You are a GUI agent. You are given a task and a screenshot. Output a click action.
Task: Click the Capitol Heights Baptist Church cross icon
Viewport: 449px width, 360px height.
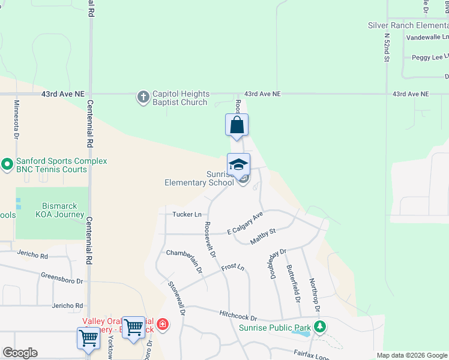143,97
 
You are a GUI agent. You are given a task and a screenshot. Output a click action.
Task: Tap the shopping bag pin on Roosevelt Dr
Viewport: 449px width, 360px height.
237,125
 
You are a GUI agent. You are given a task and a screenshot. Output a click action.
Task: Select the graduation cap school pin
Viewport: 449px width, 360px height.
238,164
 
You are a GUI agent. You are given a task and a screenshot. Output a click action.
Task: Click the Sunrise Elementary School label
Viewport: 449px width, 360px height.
199,178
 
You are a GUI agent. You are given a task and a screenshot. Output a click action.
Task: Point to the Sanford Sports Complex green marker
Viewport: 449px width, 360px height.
7,164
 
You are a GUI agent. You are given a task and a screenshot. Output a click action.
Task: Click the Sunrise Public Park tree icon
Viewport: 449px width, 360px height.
321,327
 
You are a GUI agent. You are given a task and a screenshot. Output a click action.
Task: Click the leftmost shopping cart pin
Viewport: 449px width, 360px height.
88,338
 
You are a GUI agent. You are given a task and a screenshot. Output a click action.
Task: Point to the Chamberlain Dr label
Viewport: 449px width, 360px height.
185,260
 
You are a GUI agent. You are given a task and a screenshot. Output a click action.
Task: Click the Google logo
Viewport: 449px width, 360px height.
20,353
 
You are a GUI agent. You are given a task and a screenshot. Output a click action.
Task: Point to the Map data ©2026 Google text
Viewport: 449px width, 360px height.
411,355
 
